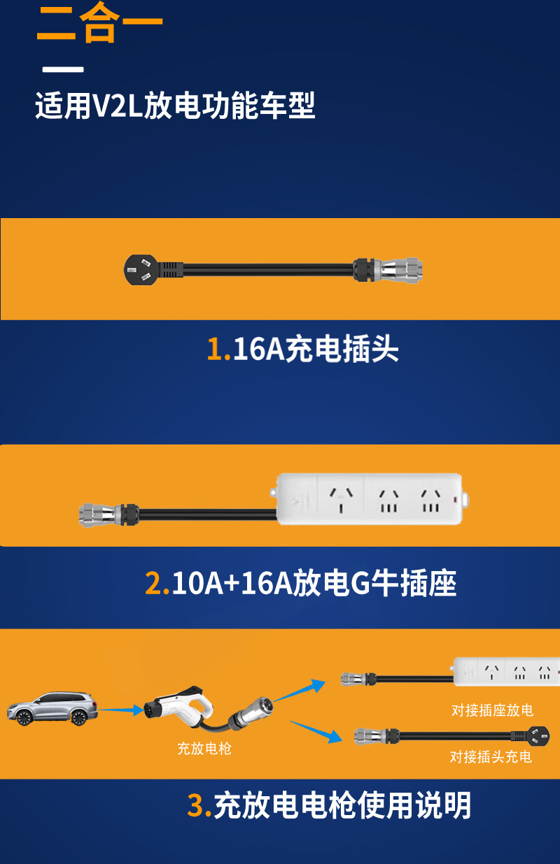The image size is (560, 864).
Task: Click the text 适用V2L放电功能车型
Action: point(175,106)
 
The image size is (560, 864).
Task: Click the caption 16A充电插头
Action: point(315,349)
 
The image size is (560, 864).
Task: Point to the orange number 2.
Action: point(156,584)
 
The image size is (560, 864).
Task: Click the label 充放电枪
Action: point(204,749)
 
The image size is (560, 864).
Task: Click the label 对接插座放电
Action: point(492,711)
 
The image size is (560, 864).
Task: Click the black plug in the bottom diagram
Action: point(536,735)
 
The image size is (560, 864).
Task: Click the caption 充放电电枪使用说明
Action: point(342,806)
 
